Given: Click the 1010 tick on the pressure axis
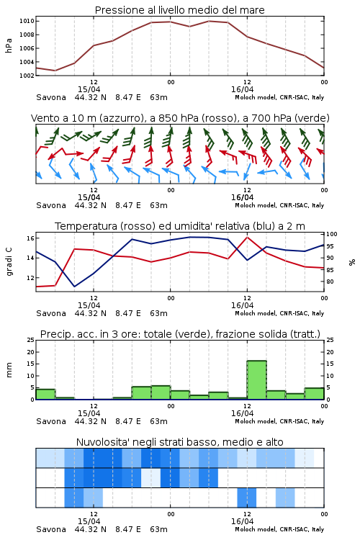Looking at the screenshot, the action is click(x=27, y=21).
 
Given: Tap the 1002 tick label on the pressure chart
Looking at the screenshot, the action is click(x=27, y=76).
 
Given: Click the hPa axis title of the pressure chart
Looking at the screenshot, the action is click(x=9, y=45).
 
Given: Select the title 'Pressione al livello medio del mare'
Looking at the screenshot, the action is click(x=180, y=10).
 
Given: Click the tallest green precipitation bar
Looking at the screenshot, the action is click(x=256, y=380).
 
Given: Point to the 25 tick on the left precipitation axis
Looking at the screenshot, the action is click(x=31, y=340).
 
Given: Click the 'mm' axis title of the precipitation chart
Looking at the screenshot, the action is click(x=9, y=369).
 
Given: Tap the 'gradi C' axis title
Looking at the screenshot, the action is click(x=9, y=261).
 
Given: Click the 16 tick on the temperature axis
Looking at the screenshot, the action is click(x=30, y=238).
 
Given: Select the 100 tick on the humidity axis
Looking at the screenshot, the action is click(x=332, y=234).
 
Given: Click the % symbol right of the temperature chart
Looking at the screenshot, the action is click(x=352, y=262).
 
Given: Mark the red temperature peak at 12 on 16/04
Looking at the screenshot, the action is click(x=247, y=237).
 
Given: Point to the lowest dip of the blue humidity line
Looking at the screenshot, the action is click(x=74, y=286).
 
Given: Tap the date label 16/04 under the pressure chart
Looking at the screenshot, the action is click(x=242, y=89).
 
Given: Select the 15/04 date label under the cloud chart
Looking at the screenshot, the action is click(x=89, y=521).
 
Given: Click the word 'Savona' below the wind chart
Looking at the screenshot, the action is click(x=51, y=205).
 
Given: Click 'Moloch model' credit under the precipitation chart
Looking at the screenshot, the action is click(x=256, y=421).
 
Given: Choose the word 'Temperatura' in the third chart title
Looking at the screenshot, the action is click(x=86, y=226).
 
